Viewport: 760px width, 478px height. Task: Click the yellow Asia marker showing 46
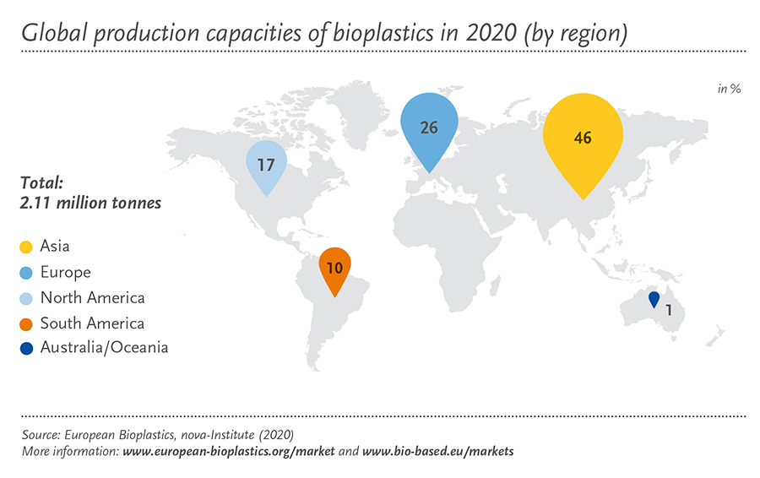tap(583, 140)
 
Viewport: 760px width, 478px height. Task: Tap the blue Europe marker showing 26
tap(429, 128)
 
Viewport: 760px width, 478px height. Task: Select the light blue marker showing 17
tap(266, 165)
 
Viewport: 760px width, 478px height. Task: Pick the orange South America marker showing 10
tap(334, 268)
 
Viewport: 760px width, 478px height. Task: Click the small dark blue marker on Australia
tap(654, 299)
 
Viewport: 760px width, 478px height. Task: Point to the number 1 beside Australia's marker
tap(669, 310)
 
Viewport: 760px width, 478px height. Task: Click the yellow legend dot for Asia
tap(26, 247)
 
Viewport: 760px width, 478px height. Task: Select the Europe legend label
tap(65, 273)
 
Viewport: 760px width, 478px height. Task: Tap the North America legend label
tap(93, 297)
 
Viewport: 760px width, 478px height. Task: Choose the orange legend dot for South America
tap(26, 324)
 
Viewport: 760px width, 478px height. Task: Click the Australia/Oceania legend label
tap(104, 348)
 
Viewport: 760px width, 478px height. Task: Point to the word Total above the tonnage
tap(41, 182)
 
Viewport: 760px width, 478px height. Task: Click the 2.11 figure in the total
tap(35, 203)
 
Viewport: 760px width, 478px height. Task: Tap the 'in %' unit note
tap(729, 89)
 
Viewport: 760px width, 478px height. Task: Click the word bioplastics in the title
tap(383, 33)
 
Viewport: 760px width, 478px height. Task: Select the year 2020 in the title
tap(490, 32)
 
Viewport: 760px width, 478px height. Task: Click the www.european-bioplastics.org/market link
tap(228, 451)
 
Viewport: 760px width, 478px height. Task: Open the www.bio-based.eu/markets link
tap(437, 451)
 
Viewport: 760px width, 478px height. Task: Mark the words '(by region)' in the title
tap(576, 34)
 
